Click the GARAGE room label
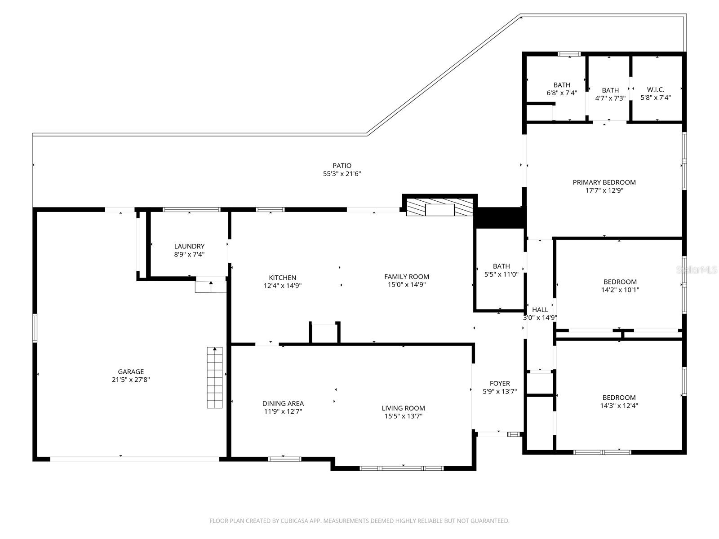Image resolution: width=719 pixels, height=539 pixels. coord(131,371)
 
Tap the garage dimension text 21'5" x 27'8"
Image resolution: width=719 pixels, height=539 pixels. coord(131,380)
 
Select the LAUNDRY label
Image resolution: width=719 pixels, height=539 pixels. coord(189,246)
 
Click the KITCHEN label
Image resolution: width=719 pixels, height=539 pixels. coord(282,278)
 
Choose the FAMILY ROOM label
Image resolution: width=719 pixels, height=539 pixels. coord(406,277)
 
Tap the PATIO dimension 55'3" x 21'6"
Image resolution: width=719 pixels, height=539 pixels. coord(342,174)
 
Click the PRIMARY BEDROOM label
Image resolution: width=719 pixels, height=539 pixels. coord(604,182)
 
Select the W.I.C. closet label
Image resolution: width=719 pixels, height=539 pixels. coord(655,89)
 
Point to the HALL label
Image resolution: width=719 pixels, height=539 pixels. coord(540,309)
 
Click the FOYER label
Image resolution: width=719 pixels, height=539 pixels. coord(500,383)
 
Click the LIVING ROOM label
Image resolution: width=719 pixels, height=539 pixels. coord(403,408)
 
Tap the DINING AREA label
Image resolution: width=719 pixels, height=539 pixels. coord(283,403)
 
